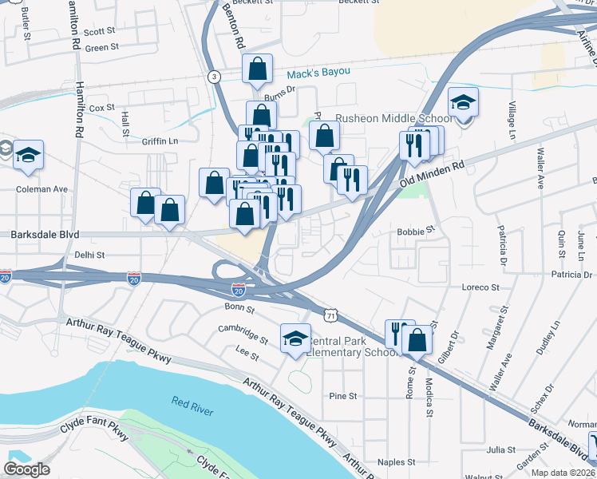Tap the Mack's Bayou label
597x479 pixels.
pos(318,73)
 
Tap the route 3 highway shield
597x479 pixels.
pos(214,77)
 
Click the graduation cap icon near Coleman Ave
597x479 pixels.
pos(28,156)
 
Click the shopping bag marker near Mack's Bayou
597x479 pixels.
pos(258,70)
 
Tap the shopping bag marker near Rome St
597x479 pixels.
pos(417,339)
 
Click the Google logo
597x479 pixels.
pos(26,469)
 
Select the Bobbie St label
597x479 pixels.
pos(415,230)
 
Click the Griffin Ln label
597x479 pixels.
pos(160,141)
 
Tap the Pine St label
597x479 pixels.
pos(342,395)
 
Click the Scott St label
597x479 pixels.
pos(100,32)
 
